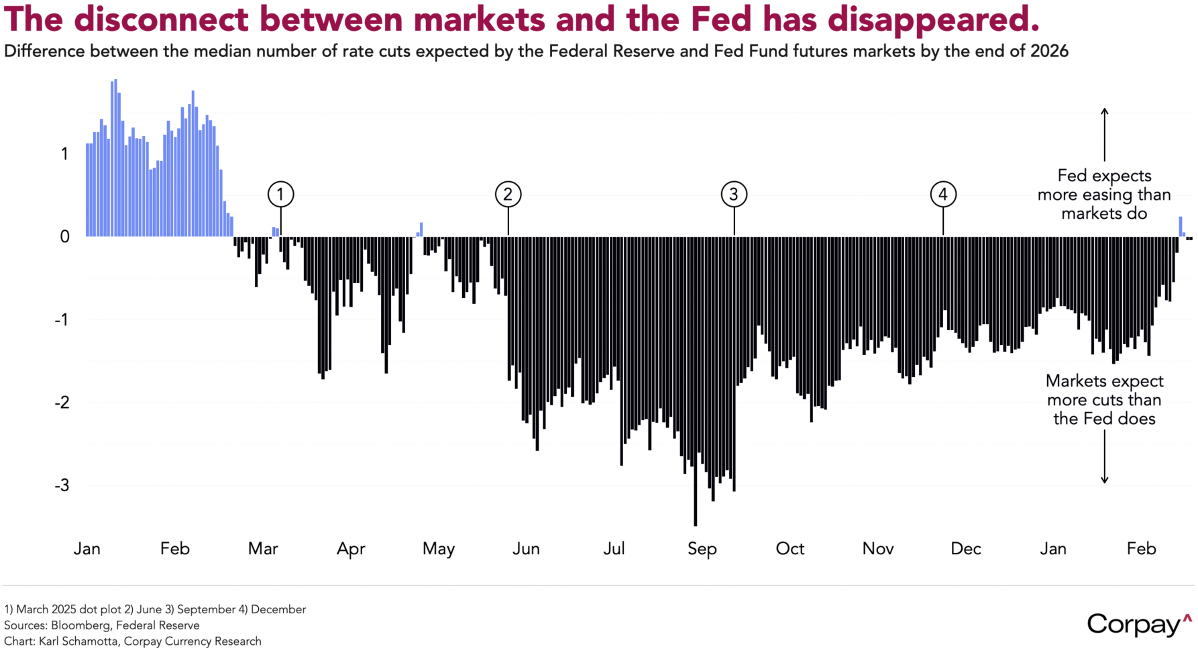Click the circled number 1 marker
point(280,195)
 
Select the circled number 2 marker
point(508,195)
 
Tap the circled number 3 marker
point(734,195)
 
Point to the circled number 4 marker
point(943,195)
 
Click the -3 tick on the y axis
point(62,485)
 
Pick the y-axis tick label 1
point(64,154)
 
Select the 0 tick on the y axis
point(64,236)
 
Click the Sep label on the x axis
point(702,549)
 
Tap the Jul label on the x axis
point(614,549)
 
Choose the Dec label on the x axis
point(965,549)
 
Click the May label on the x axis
point(439,549)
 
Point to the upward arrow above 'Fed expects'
point(1104,134)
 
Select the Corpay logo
point(1139,625)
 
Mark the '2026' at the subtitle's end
point(1049,52)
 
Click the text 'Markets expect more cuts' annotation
point(1104,391)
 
